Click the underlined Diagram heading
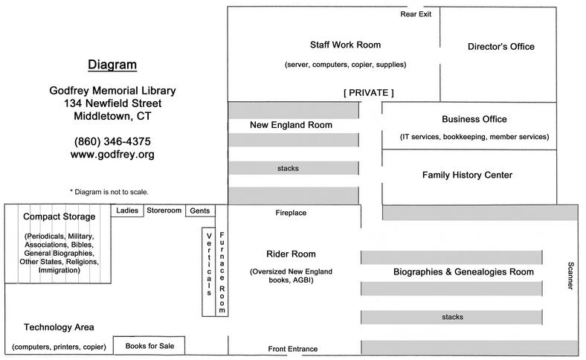[112, 65]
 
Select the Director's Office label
[500, 47]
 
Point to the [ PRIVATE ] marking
[368, 92]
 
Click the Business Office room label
[474, 119]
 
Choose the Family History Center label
[467, 176]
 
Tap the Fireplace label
[291, 213]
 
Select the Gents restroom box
[199, 210]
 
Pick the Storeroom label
[164, 210]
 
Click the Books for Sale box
[149, 346]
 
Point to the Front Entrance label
[292, 349]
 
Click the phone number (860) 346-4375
[112, 141]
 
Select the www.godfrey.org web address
[112, 155]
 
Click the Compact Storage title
[59, 217]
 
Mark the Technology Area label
[59, 327]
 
